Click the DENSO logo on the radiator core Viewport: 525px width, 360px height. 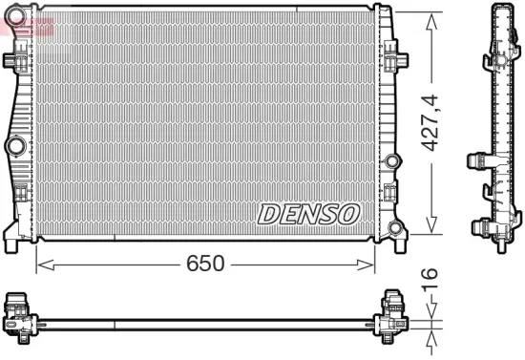(x=307, y=213)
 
